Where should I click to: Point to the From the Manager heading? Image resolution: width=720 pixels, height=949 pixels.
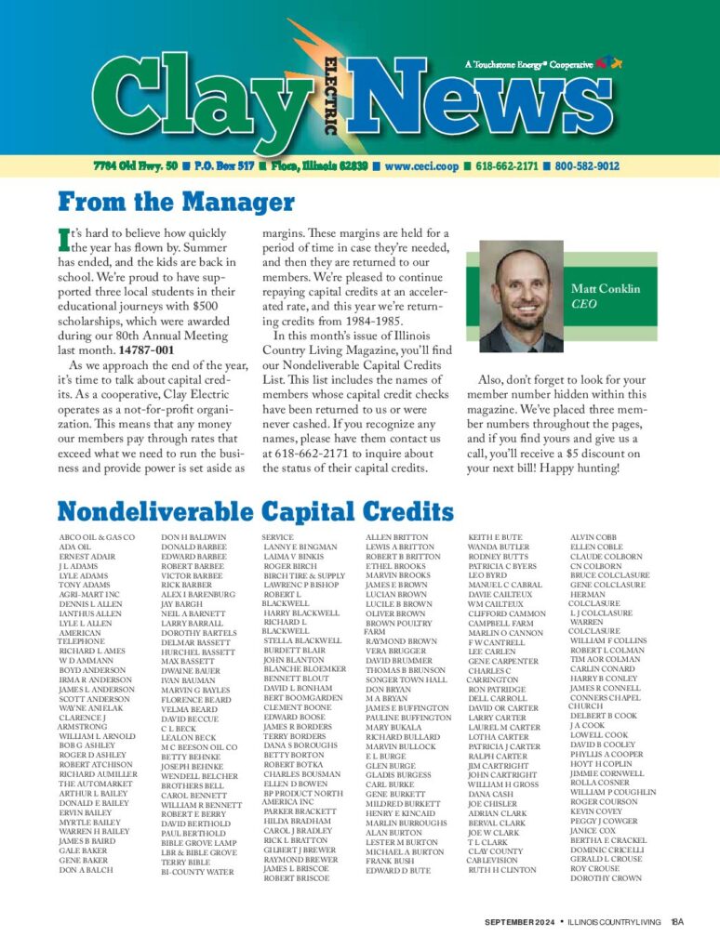click(176, 202)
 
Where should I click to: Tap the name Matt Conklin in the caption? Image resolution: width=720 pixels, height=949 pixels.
click(606, 289)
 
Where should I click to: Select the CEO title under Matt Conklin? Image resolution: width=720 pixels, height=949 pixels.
click(583, 304)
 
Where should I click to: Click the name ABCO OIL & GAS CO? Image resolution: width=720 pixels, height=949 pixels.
click(97, 538)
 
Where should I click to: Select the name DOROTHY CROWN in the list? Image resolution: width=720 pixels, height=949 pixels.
click(606, 878)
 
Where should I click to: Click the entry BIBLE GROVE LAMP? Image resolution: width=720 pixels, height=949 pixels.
click(198, 842)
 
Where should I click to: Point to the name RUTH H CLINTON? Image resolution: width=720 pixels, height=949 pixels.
click(502, 870)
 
